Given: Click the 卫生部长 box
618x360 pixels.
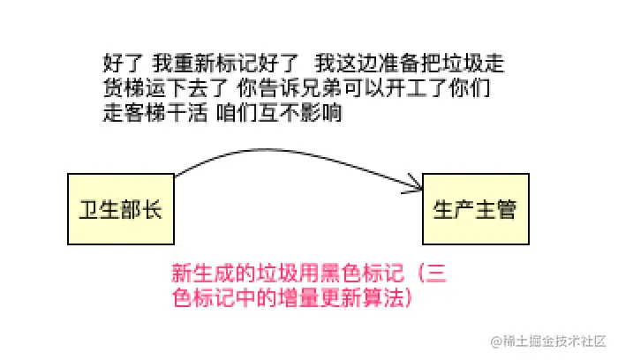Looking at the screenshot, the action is pos(120,209).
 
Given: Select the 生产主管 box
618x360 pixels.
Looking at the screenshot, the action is pos(474,209).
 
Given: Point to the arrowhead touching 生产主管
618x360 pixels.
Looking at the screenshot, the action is pos(417,185).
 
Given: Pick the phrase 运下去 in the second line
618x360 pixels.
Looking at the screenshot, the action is pos(174,89).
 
